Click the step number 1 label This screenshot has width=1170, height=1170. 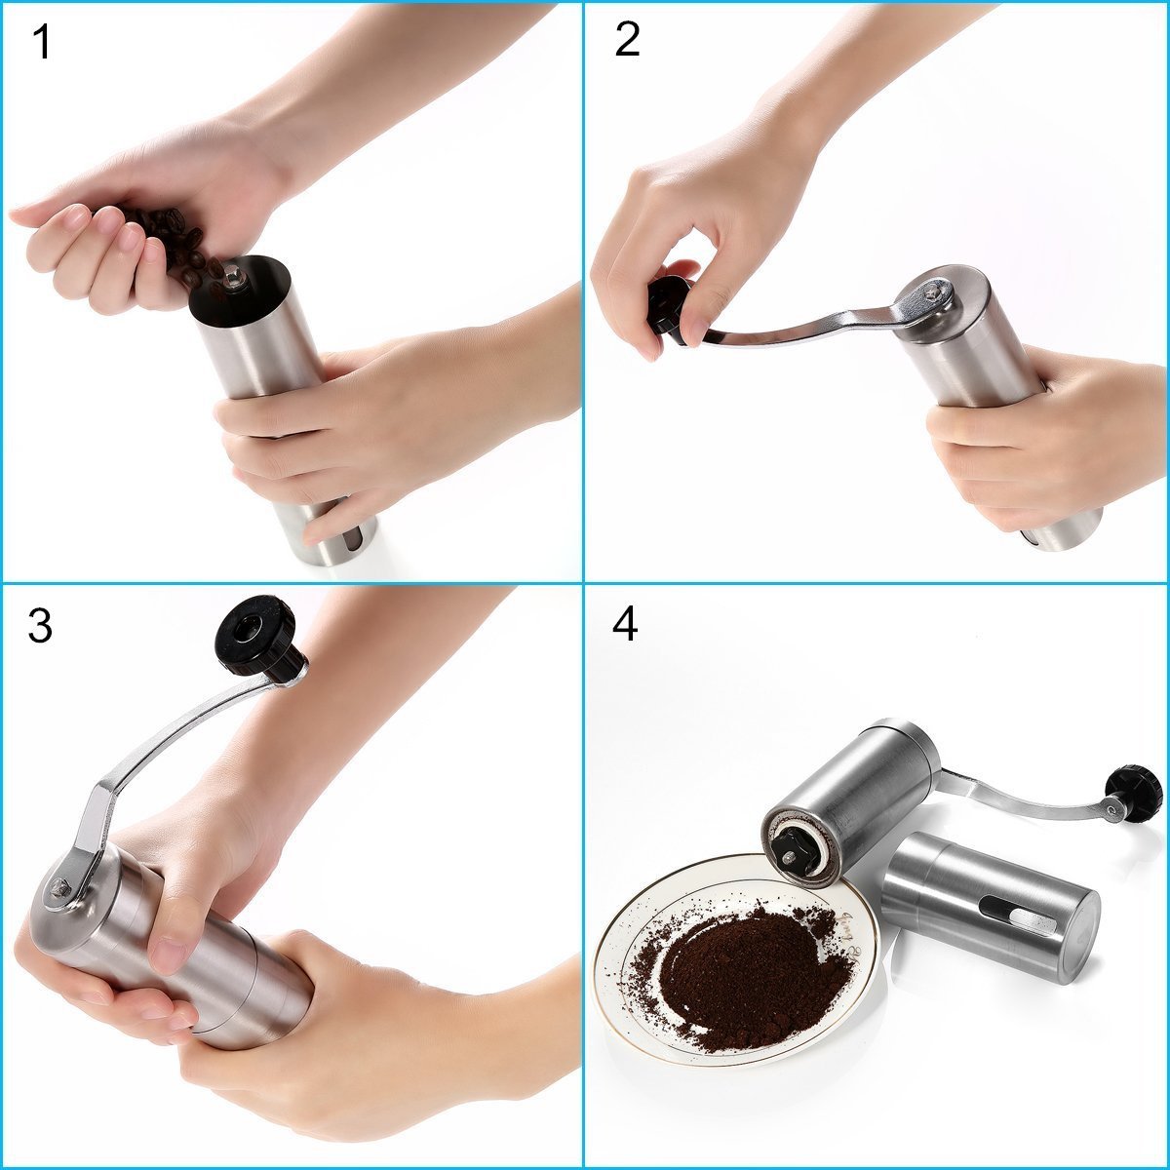(x=40, y=43)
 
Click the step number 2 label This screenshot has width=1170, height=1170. (x=627, y=40)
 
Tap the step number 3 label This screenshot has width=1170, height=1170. (x=40, y=627)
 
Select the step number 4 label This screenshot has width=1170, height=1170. (x=625, y=625)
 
